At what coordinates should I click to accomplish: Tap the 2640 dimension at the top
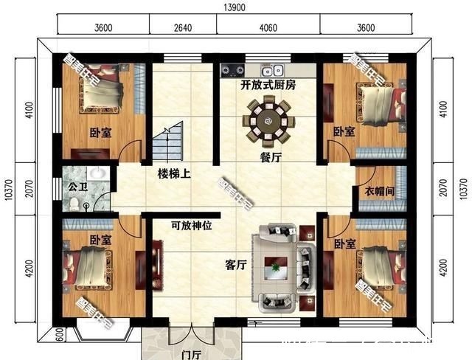coord(182,29)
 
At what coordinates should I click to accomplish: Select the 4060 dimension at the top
coord(268,29)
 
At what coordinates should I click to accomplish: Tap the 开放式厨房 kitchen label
coord(268,86)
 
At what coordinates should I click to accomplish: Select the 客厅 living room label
coord(235,265)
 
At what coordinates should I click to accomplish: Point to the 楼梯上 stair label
coord(174,174)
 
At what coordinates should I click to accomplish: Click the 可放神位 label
coord(191,226)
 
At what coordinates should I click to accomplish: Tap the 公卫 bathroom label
coord(77,186)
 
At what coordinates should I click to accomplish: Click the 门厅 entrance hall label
coord(192,353)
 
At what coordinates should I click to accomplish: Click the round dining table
coord(268,119)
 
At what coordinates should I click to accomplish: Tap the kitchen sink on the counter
coord(277,71)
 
